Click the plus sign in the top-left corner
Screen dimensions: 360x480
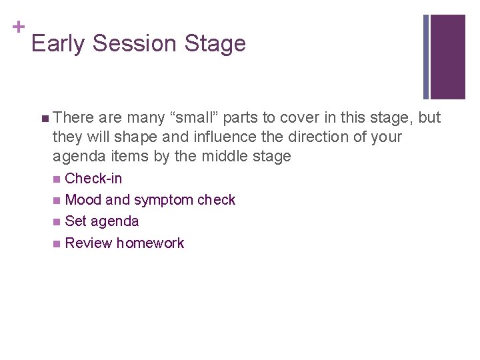(x=17, y=27)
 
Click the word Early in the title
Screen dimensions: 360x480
(x=59, y=44)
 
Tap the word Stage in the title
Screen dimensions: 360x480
(x=215, y=44)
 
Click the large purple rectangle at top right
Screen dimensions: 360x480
(x=448, y=57)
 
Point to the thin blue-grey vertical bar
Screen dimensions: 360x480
(x=426, y=57)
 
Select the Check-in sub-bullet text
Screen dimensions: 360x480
(x=93, y=179)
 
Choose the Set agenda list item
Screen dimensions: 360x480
(x=102, y=221)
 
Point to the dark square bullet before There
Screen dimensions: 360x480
(x=44, y=119)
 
